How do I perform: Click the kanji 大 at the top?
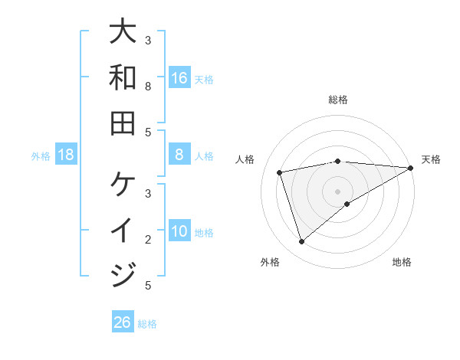pyautogui.click(x=123, y=31)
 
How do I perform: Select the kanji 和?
pyautogui.click(x=123, y=77)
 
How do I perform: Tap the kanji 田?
pyautogui.click(x=123, y=123)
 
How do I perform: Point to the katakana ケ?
pyautogui.click(x=123, y=185)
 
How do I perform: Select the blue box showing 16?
pyautogui.click(x=179, y=77)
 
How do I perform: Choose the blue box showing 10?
pyautogui.click(x=179, y=231)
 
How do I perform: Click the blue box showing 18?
pyautogui.click(x=66, y=155)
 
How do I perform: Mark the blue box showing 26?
pyautogui.click(x=123, y=322)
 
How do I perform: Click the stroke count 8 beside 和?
pyautogui.click(x=148, y=87)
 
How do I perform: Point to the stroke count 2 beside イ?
pyautogui.click(x=148, y=240)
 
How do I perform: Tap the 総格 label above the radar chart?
pyautogui.click(x=338, y=100)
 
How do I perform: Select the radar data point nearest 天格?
pyautogui.click(x=411, y=169)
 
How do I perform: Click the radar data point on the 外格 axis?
pyautogui.click(x=302, y=242)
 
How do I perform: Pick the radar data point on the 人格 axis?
pyautogui.click(x=281, y=172)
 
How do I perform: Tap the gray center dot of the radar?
pyautogui.click(x=338, y=191)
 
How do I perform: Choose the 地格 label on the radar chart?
pyautogui.click(x=402, y=262)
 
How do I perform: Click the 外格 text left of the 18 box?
pyautogui.click(x=41, y=155)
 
